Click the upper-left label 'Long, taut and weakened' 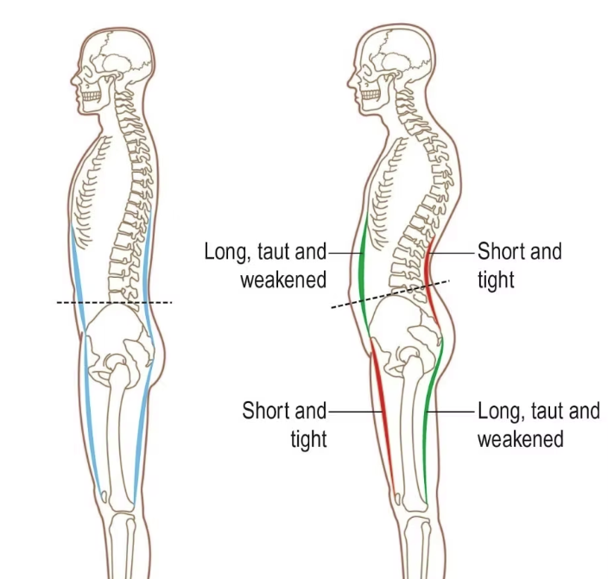pos(266,265)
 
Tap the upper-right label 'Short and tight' pos(519,265)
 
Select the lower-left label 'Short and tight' pos(284,424)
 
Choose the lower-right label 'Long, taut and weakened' pos(538,424)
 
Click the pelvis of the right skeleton pos(406,332)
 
